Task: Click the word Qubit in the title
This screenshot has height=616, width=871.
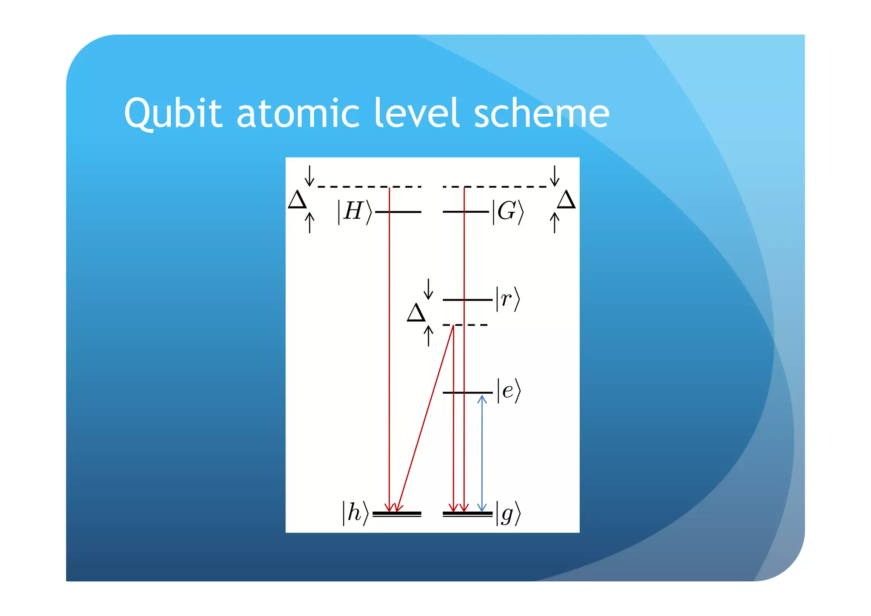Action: point(173,113)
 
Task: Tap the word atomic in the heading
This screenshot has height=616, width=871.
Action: point(298,113)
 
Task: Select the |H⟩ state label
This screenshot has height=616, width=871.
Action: point(354,212)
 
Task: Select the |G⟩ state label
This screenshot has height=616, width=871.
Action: point(508,212)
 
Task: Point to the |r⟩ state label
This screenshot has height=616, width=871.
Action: point(507,299)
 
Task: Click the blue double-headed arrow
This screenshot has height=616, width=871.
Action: point(482,453)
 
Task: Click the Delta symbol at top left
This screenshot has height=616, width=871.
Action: point(297,200)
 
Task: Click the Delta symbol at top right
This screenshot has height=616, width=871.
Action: point(566,200)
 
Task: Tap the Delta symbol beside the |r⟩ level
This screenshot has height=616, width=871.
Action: point(416,313)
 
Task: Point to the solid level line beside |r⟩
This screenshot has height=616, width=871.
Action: point(467,300)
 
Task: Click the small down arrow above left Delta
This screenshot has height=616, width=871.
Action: point(310,175)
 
